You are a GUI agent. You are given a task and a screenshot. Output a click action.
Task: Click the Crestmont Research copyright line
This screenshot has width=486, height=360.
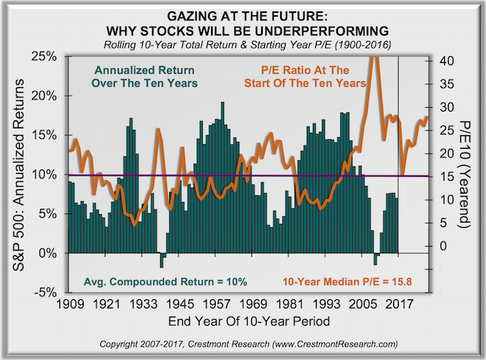coord(243,343)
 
